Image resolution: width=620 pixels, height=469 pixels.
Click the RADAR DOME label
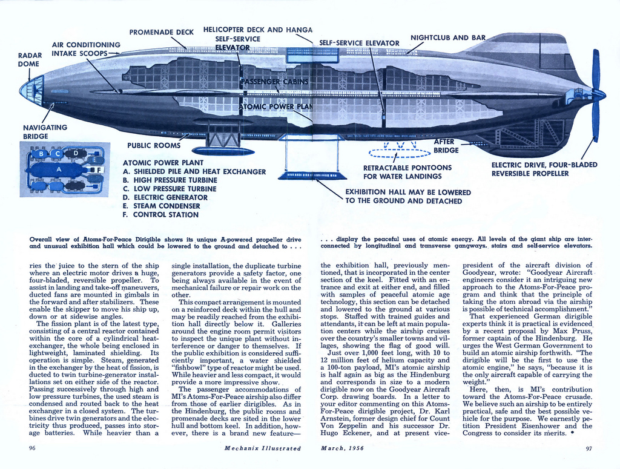tap(30, 59)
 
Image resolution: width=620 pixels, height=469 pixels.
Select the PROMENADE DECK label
tap(162, 32)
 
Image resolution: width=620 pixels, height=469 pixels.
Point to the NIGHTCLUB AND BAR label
tap(448, 38)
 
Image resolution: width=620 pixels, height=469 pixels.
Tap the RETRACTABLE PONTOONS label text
tap(407, 172)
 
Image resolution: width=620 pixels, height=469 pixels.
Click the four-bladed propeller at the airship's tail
tap(596, 95)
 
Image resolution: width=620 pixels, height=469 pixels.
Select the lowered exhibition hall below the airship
tap(312, 175)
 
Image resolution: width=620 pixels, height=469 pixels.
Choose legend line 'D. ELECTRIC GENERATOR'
tap(156, 197)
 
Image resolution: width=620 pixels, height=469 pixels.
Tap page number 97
tap(589, 448)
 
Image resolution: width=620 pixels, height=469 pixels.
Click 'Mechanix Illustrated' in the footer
tap(262, 448)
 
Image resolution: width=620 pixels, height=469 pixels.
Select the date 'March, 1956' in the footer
tap(343, 448)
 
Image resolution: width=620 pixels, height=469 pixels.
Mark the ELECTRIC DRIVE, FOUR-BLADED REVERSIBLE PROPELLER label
tap(544, 169)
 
